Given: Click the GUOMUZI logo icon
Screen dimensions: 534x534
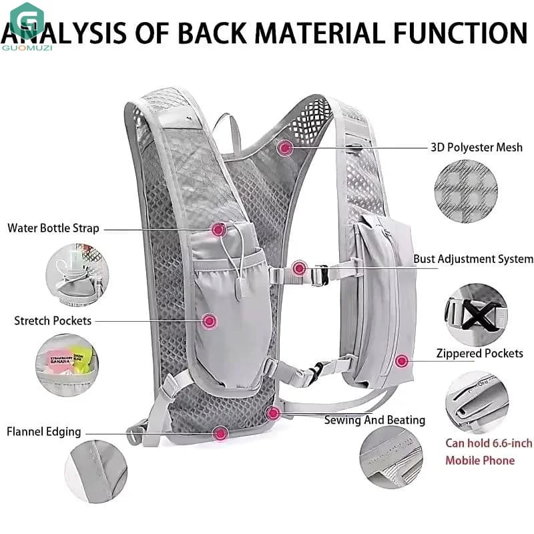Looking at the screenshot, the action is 27,21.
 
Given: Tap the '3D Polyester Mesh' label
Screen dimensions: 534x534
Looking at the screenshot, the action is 477,148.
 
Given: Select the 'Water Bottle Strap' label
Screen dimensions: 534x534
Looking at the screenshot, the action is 53,228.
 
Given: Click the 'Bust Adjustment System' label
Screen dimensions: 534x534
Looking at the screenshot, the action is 473,259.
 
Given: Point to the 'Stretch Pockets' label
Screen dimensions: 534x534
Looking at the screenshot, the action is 53,321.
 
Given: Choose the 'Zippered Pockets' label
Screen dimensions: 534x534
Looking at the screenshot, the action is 479,353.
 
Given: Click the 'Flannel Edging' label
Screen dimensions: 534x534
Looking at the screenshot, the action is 44,431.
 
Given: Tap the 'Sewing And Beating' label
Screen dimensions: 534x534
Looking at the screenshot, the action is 374,420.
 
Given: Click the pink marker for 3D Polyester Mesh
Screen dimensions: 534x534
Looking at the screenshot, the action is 285,148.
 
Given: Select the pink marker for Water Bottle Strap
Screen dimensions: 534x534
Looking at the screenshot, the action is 219,230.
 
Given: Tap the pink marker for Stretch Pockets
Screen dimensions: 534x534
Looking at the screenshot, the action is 210,321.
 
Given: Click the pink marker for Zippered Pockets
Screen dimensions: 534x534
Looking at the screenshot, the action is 402,360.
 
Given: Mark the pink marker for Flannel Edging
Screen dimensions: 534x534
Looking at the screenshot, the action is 221,434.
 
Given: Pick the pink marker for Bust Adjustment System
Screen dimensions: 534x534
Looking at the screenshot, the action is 299,268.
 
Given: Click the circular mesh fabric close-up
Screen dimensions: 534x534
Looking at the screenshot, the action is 466,192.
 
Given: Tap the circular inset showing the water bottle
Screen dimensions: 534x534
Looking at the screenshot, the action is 77,275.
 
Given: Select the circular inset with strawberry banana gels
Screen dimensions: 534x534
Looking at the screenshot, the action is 67,365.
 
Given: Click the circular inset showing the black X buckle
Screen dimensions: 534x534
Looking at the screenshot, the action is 476,315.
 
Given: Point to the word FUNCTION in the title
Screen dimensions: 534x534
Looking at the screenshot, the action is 461,33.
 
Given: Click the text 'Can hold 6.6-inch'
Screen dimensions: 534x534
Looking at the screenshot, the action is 489,443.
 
